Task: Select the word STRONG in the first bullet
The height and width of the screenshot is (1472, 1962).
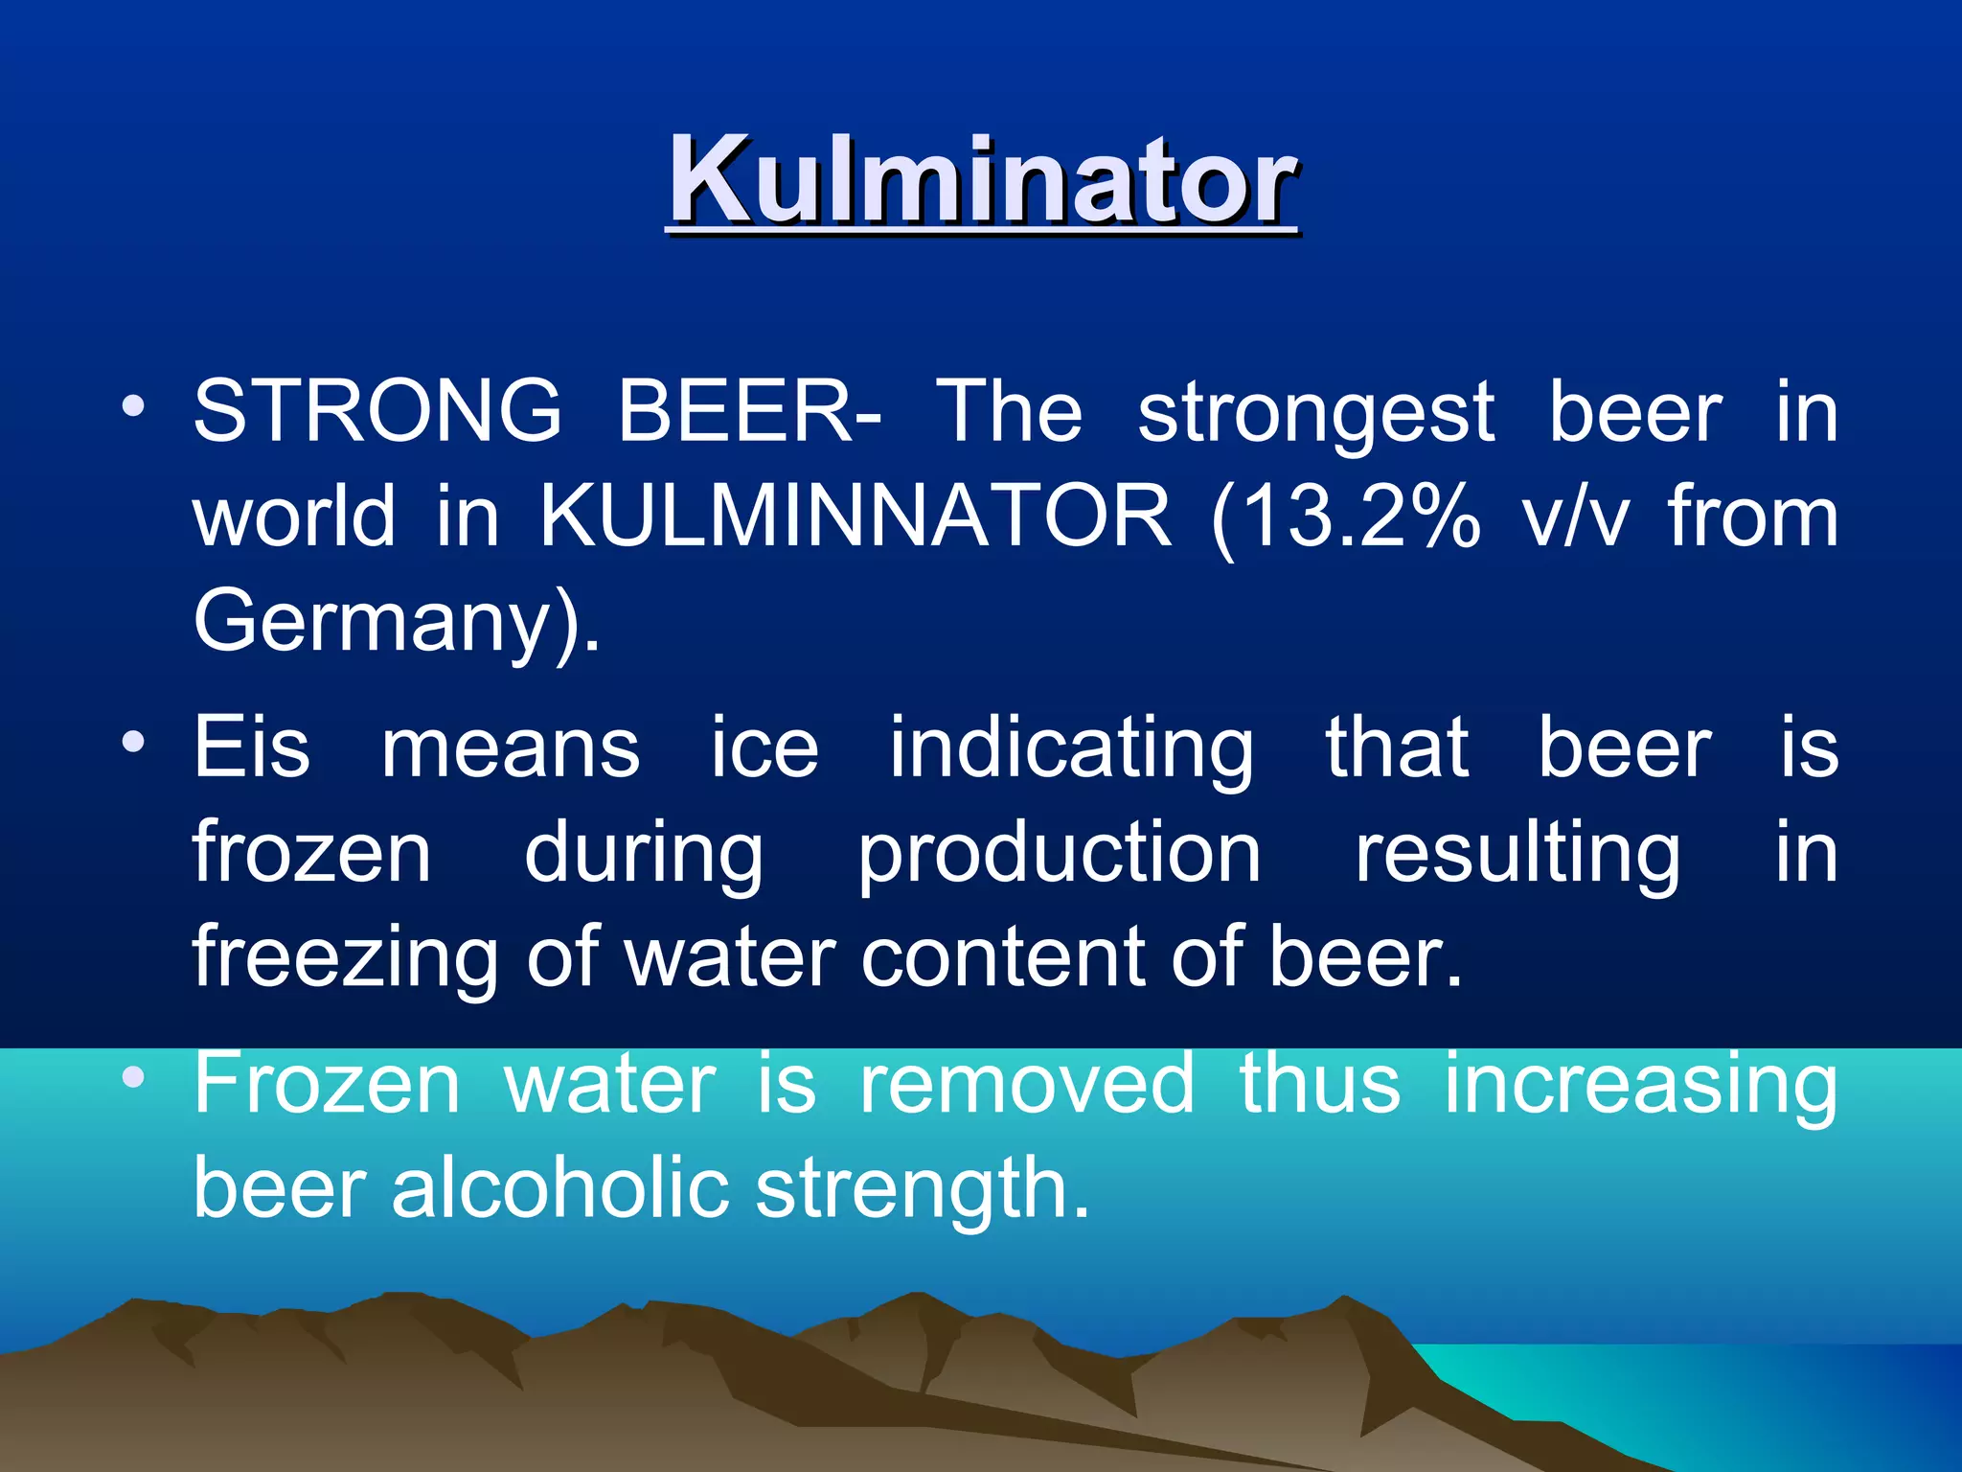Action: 377,411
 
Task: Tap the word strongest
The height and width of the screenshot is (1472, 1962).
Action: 1315,413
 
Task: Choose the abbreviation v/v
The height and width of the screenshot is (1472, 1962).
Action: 1575,517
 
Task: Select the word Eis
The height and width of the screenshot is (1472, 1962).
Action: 252,747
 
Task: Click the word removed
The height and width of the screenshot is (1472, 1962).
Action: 1027,1083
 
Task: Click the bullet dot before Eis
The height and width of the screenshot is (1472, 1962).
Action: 133,741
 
